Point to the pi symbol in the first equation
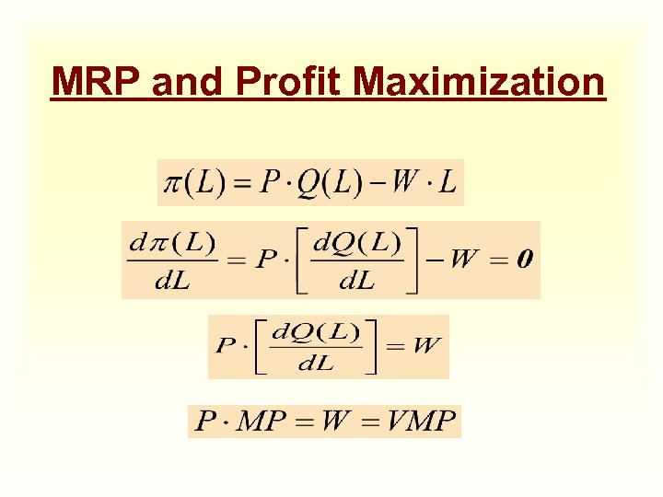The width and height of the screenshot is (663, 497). (x=172, y=182)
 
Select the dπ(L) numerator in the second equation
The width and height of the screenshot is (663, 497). (x=172, y=243)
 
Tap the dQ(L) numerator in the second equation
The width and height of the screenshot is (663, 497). (x=357, y=243)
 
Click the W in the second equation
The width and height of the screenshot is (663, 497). (x=464, y=260)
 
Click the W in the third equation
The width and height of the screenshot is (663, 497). (x=426, y=346)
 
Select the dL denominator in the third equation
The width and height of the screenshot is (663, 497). (x=315, y=364)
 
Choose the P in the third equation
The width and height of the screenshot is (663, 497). (x=226, y=347)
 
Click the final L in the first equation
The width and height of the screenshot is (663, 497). (x=447, y=182)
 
